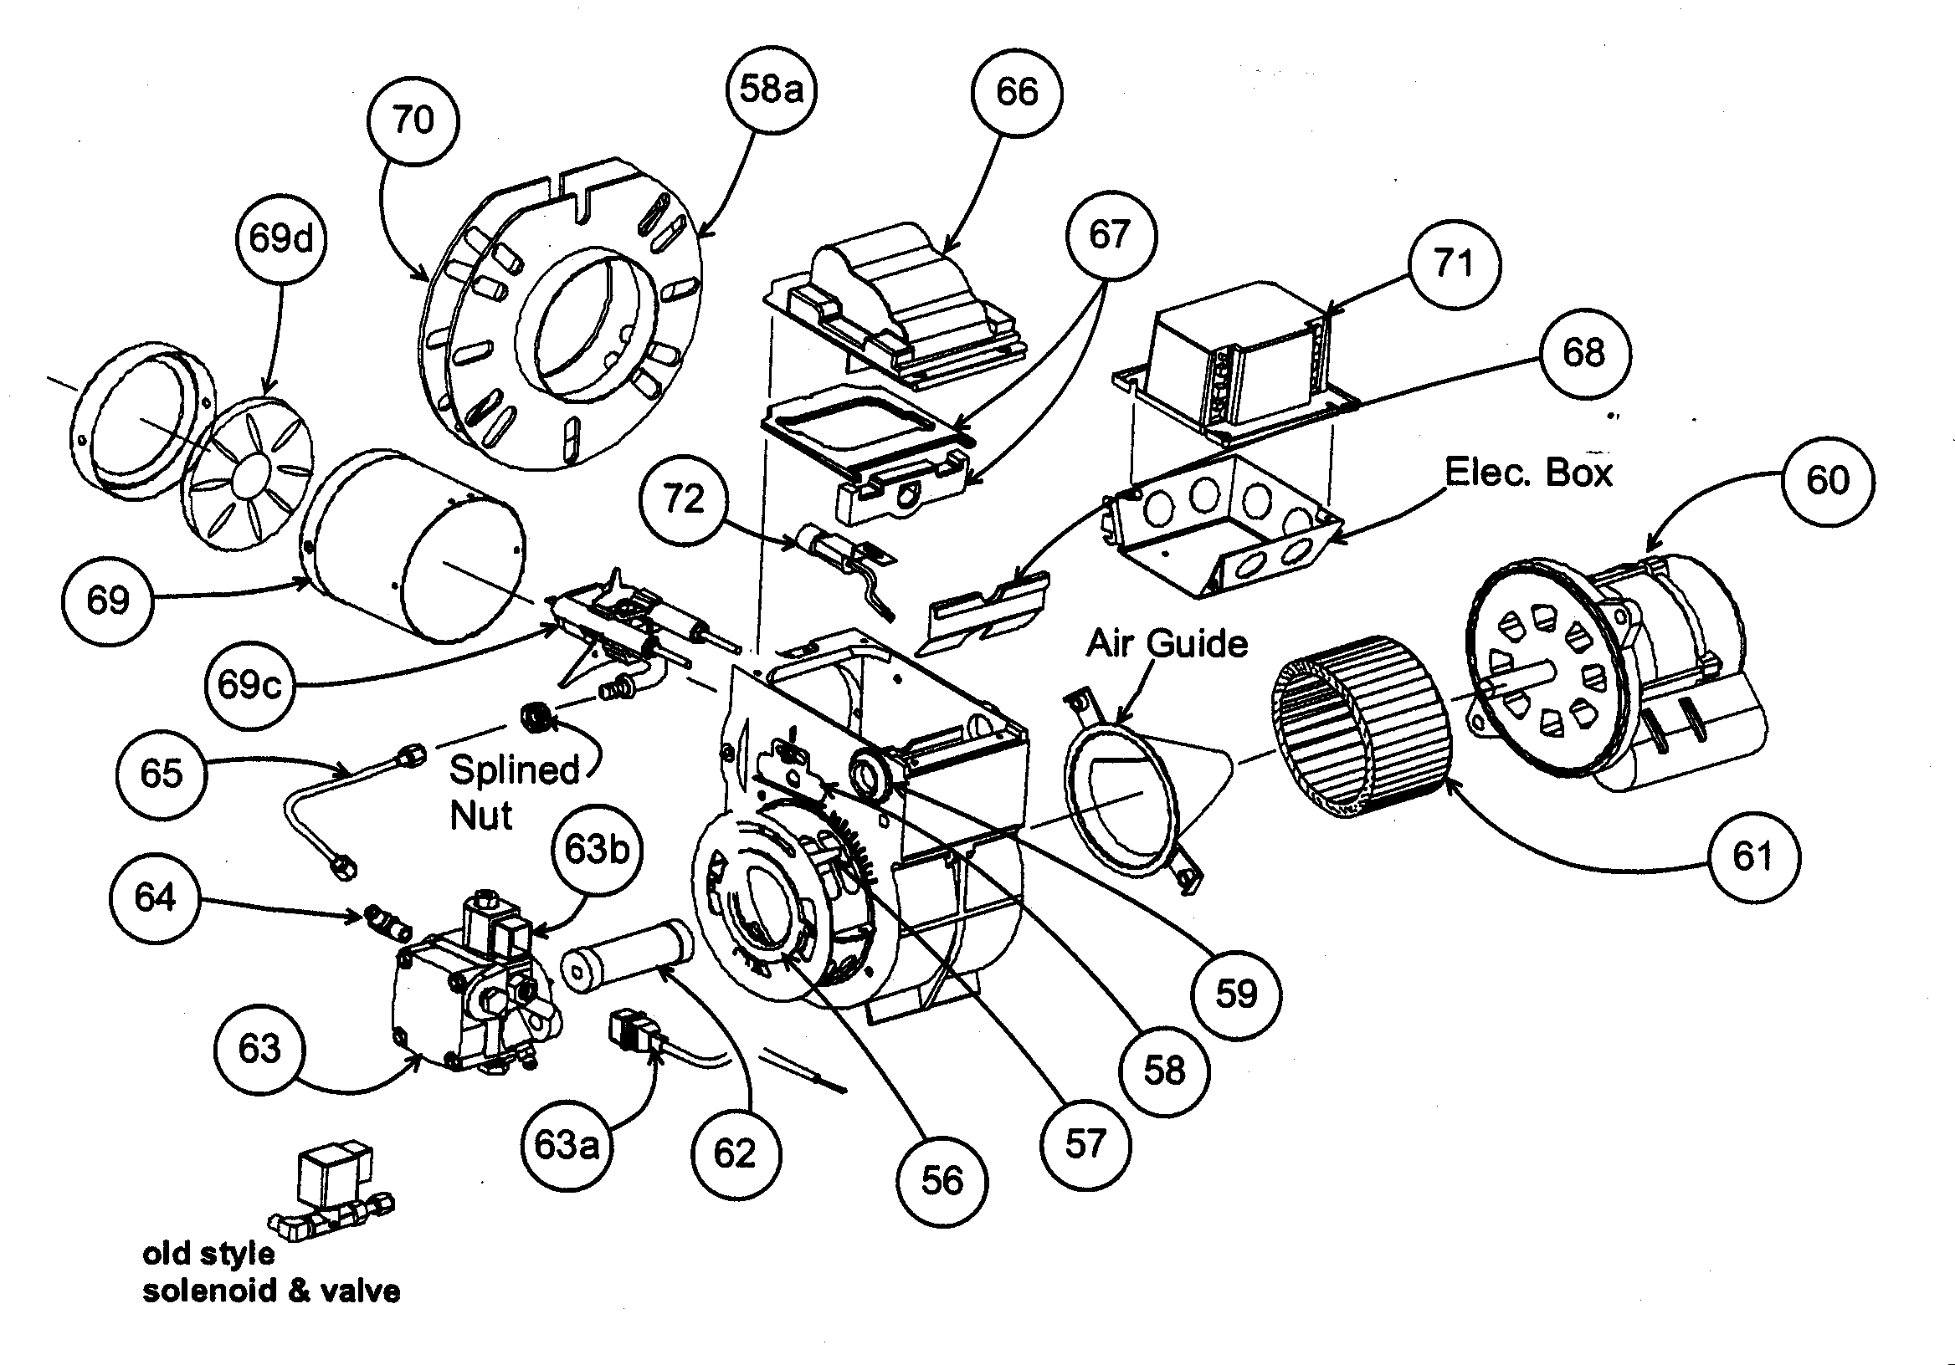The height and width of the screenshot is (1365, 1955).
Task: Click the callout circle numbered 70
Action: point(413,120)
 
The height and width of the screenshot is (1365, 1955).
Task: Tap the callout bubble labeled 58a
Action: point(772,89)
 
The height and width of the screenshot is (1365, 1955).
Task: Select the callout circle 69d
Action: point(281,238)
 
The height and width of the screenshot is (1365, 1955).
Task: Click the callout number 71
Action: point(1454,263)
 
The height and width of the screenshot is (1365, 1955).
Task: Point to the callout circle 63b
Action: point(597,849)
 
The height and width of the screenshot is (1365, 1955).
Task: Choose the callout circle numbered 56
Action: point(942,1180)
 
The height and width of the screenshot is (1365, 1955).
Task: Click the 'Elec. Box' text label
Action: point(1528,473)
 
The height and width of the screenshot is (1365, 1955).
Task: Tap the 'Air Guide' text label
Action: point(1167,643)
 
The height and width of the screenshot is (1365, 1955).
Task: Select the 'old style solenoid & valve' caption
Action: point(271,1272)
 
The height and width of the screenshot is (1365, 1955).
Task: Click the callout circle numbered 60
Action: point(1828,481)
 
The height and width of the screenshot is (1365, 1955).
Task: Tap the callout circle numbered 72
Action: point(684,499)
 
